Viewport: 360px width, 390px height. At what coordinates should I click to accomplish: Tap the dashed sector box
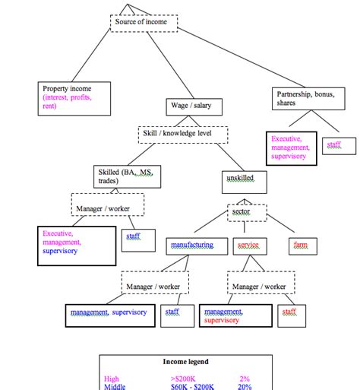(x=247, y=212)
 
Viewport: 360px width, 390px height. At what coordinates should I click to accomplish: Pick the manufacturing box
(x=193, y=246)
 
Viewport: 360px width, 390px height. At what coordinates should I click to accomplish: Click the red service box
(x=248, y=246)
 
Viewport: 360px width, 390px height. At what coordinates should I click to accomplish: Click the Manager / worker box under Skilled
(x=107, y=205)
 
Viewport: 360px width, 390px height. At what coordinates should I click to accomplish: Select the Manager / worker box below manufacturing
(x=155, y=287)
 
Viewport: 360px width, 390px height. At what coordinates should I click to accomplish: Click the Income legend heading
(x=185, y=362)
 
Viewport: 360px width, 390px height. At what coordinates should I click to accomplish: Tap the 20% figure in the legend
(x=245, y=386)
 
